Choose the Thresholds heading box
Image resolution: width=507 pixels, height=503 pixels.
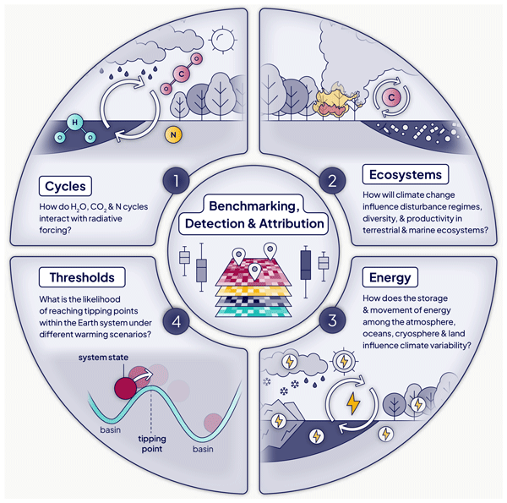[82, 276]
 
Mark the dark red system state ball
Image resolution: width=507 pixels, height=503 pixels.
[126, 388]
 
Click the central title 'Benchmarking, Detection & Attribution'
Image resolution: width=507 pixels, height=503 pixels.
[253, 216]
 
